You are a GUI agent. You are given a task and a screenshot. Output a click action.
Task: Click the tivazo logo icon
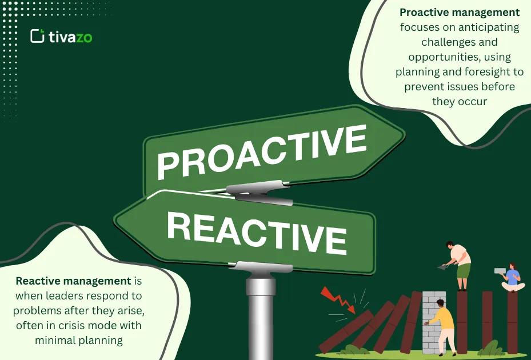pos(37,36)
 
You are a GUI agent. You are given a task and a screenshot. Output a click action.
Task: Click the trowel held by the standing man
pos(442,266)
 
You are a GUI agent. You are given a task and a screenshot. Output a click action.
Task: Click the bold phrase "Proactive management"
pos(460,13)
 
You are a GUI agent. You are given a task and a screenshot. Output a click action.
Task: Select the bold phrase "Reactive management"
pos(73,281)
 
